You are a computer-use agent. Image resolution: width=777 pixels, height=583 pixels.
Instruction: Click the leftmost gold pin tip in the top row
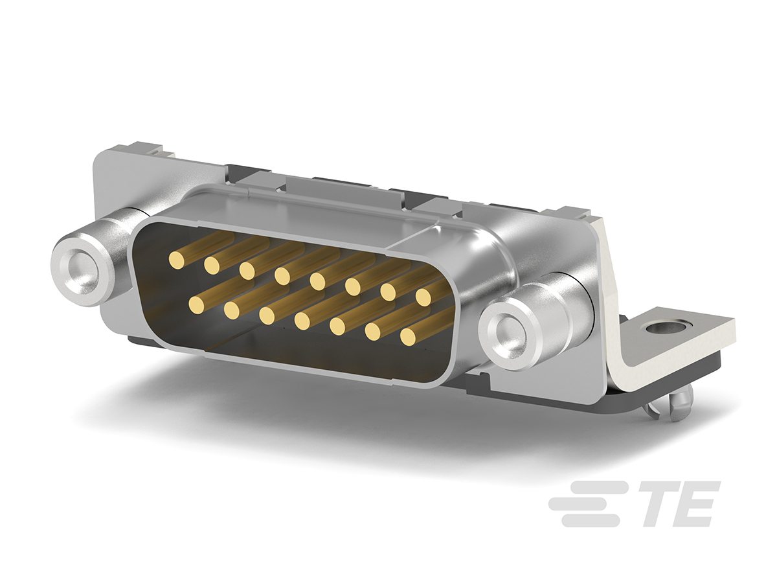[177, 260]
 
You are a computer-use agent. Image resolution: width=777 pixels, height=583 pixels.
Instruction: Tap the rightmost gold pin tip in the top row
[423, 297]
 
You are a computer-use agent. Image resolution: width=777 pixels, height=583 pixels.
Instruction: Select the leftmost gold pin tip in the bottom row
[196, 304]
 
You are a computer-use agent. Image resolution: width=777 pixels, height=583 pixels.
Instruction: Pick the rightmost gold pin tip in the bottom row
[407, 337]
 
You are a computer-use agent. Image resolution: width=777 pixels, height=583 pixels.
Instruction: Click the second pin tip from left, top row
[212, 265]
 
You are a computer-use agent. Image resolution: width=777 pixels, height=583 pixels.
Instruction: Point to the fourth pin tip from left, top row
[282, 276]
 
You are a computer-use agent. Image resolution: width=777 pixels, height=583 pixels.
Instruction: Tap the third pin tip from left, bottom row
[267, 315]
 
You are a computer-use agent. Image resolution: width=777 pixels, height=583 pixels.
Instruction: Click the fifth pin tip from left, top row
[317, 281]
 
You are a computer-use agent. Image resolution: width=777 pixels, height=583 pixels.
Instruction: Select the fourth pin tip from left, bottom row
[302, 321]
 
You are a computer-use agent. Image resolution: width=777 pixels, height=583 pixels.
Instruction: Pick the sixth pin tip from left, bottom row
[372, 332]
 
